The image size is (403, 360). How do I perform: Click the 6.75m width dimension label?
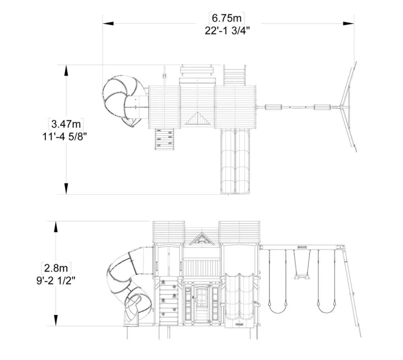(226, 18)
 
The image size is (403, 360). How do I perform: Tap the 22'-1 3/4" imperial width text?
(227, 30)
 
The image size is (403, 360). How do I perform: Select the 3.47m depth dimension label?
(66, 124)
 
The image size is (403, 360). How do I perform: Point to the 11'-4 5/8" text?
(65, 136)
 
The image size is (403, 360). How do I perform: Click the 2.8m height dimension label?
(56, 268)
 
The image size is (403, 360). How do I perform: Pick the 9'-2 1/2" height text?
(56, 280)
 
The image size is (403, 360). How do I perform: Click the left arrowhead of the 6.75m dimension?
(108, 23)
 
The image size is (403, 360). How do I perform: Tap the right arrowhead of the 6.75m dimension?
(349, 23)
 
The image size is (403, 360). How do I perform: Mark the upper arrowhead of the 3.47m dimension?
(66, 70)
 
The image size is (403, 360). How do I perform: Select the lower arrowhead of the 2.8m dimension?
(55, 321)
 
